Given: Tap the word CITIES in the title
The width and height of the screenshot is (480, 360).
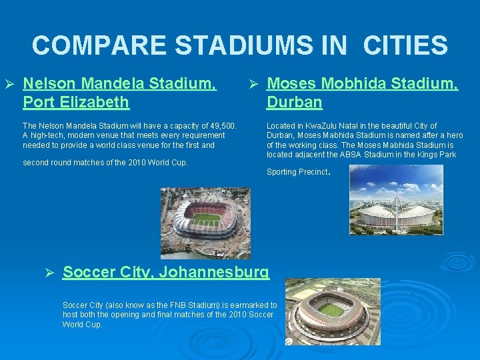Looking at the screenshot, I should click(x=405, y=45).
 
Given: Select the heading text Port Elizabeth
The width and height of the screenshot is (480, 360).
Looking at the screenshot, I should click(x=76, y=102).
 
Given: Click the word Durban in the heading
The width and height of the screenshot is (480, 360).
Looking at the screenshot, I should click(x=294, y=102).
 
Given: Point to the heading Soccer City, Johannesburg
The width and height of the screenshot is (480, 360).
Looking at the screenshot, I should click(x=166, y=272).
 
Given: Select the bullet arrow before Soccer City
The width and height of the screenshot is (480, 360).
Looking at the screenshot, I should click(x=49, y=273).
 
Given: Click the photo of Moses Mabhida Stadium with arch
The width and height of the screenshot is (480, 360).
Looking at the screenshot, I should click(x=396, y=200).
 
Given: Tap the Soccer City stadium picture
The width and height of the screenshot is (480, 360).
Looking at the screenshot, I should click(x=332, y=311).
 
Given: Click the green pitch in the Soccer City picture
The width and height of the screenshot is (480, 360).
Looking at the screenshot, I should click(x=331, y=309).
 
